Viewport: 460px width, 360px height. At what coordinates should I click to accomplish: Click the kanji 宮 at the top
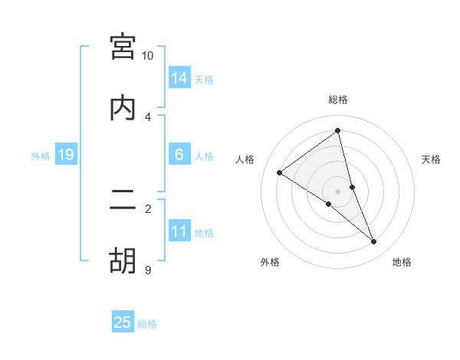pos(123,47)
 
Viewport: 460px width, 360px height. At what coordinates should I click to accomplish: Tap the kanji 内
pos(123,108)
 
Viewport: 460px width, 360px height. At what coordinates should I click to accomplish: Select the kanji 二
pos(123,200)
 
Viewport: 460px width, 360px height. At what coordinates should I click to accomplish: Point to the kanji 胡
pos(123,261)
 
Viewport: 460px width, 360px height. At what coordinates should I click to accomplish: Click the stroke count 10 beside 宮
pos(148,56)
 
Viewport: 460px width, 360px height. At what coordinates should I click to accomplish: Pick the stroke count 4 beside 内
pos(148,117)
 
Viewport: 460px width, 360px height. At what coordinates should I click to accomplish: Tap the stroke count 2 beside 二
pos(148,208)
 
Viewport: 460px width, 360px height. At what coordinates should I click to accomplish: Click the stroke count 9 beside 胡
pos(148,270)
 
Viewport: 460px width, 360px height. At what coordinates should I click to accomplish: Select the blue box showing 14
pos(179,78)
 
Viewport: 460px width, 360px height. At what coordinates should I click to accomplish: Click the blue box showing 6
pos(179,155)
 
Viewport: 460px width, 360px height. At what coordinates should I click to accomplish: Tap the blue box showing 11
pos(179,231)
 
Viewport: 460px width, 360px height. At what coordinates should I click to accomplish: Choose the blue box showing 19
pos(65,155)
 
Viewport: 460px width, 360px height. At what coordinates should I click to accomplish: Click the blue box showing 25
pos(123,322)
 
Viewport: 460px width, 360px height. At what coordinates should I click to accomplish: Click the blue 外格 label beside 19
pos(41,156)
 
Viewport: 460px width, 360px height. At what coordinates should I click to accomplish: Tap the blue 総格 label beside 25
pos(147,324)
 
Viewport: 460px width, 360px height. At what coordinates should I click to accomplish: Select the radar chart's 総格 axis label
pos(337,100)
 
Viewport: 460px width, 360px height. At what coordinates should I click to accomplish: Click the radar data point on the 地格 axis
pos(374,242)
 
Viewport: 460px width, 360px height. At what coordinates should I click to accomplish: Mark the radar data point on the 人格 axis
pos(279,172)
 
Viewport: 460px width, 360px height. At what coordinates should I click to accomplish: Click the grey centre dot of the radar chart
pos(337,191)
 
